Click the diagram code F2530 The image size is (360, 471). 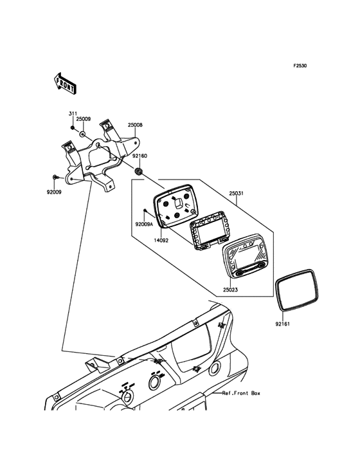point(300,65)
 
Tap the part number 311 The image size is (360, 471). point(72,113)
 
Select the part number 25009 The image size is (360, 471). point(83,119)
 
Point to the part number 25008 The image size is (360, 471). point(135,125)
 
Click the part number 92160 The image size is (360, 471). point(140,156)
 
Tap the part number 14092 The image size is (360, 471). point(161,240)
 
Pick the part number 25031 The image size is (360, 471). point(237,194)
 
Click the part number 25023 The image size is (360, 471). point(230,290)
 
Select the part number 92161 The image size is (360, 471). point(283,324)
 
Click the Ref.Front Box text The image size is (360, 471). point(241,393)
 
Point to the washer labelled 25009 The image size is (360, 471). point(82,133)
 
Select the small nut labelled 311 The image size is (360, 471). point(72,128)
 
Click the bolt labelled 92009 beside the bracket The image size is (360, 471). point(55,177)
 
